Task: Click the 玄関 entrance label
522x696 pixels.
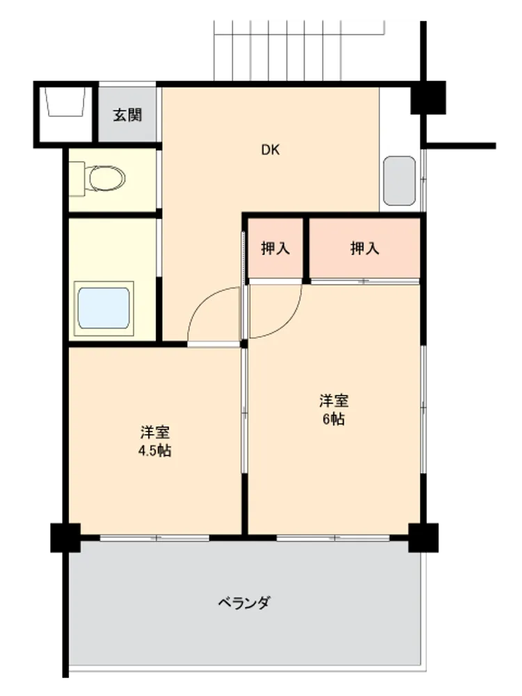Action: (127, 115)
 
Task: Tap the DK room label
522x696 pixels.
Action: (270, 150)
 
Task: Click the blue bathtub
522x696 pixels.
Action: (104, 308)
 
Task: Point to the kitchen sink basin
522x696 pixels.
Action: (400, 181)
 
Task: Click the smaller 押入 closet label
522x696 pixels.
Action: (276, 248)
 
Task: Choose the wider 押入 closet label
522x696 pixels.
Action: (365, 248)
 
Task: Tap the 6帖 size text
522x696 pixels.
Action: (333, 419)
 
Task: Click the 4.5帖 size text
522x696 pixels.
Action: (155, 450)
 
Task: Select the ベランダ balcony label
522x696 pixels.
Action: (244, 603)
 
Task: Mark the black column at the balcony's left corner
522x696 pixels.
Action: (65, 538)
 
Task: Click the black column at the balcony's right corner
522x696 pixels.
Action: (423, 538)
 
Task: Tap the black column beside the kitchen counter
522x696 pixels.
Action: (428, 97)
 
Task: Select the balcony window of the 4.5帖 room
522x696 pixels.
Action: (155, 538)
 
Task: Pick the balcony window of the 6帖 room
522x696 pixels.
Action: (333, 538)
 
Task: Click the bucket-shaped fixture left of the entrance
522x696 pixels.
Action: (65, 102)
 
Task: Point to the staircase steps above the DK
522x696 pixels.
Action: (299, 51)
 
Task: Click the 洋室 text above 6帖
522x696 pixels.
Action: (333, 400)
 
